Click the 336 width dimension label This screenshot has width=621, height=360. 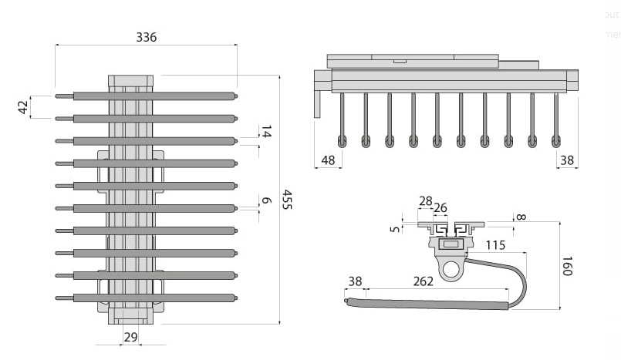146,37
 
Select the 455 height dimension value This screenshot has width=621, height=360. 287,200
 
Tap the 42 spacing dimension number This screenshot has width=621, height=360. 23,107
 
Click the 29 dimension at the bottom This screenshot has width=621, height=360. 130,337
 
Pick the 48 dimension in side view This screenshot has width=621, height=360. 328,160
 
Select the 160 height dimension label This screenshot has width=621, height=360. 567,266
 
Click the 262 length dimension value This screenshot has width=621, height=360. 424,281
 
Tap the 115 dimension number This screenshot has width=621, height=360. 497,245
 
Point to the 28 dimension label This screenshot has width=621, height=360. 425,200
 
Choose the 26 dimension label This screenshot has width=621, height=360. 440,208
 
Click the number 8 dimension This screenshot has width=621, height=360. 521,217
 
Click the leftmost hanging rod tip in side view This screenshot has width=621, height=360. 342,141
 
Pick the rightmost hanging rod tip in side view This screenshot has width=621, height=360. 556,141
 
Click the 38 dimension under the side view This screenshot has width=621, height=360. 567,160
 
